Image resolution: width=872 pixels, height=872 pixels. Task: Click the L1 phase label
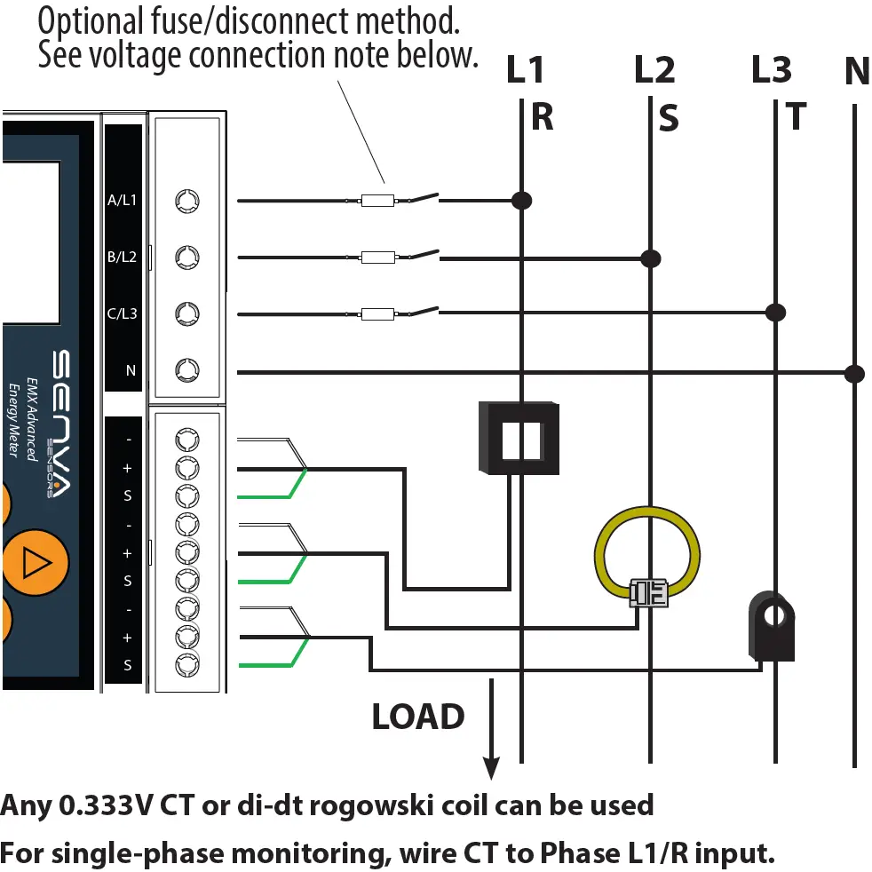point(525,70)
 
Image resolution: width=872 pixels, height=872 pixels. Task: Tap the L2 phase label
point(654,70)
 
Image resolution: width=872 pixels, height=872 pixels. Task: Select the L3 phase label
point(771,70)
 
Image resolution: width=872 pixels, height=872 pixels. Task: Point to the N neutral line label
point(856,72)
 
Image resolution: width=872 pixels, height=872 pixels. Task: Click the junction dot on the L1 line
point(522,201)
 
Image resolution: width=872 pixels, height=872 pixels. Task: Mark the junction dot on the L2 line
point(651,258)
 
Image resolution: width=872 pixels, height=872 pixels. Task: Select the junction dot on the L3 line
point(776,312)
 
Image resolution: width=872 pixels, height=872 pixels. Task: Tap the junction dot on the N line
point(854,372)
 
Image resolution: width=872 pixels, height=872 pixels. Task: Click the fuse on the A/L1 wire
point(377,202)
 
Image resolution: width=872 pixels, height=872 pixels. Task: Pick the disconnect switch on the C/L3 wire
point(424,312)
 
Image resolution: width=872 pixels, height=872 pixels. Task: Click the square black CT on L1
point(519,438)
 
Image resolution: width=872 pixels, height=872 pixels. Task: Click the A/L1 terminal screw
point(186,201)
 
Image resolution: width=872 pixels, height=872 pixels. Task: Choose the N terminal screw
point(186,369)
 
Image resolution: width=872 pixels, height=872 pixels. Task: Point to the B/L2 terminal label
point(122,258)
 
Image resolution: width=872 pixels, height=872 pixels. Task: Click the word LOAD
point(418,717)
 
